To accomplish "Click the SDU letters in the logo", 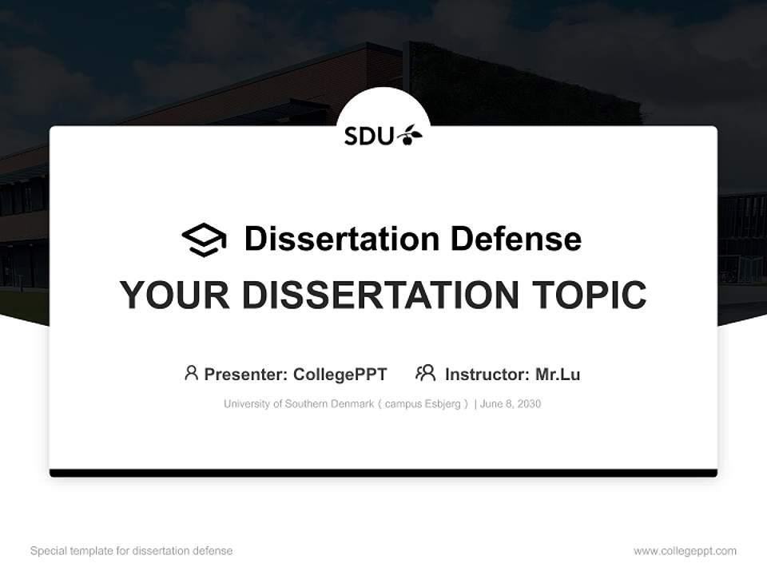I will [369, 137].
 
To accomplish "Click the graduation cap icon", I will [204, 240].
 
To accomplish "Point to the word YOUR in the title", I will [175, 295].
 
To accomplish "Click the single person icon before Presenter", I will [191, 373].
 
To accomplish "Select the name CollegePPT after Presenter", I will [340, 375].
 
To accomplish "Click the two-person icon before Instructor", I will [426, 373].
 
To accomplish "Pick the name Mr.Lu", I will [558, 375].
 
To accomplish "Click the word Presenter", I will [245, 375].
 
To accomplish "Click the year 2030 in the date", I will [527, 404].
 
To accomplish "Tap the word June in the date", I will [491, 404].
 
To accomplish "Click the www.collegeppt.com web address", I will [685, 551].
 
